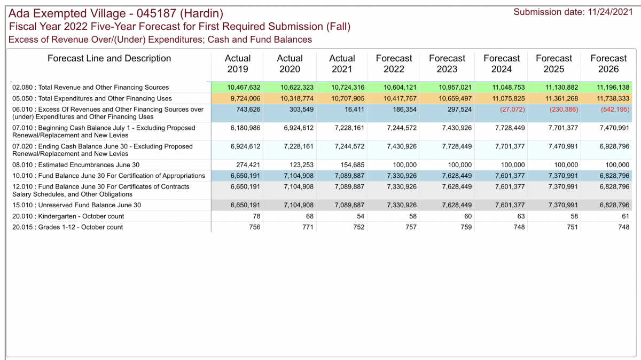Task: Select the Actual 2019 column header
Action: point(238,64)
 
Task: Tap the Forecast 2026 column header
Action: point(608,64)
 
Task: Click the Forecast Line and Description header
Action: point(110,58)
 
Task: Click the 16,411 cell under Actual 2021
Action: point(354,109)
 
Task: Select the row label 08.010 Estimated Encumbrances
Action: point(76,165)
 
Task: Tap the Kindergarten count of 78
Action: point(256,216)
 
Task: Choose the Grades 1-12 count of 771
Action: point(308,227)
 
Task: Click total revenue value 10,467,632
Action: point(244,87)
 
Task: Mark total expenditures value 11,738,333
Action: point(613,98)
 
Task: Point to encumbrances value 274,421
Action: point(248,165)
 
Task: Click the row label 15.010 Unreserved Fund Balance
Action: point(77,205)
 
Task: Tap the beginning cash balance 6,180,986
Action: point(246,128)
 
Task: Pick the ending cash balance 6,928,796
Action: point(614,146)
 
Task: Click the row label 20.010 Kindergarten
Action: point(68,216)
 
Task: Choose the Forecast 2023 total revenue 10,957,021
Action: point(455,87)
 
